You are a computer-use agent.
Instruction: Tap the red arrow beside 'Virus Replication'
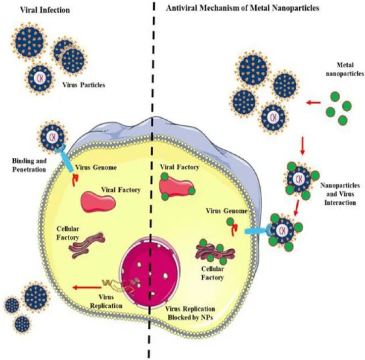point(84,285)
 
